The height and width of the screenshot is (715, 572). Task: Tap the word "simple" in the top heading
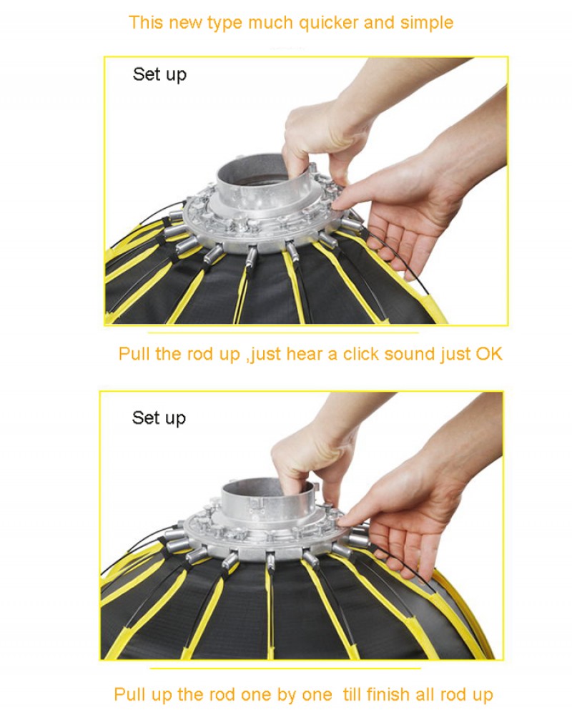426,24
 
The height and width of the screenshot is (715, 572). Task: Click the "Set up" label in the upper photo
159,75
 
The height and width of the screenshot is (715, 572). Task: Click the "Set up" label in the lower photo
159,418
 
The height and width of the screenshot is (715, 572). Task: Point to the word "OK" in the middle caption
489,354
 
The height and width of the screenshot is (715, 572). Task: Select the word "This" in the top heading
146,23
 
